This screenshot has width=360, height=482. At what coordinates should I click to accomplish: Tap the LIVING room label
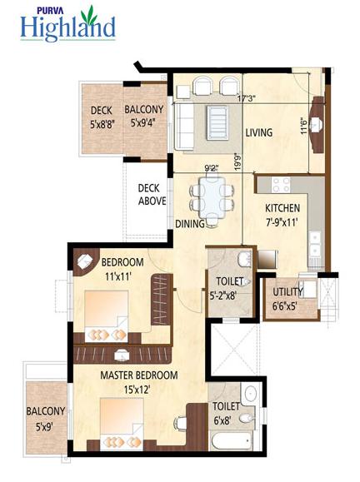pyautogui.click(x=259, y=132)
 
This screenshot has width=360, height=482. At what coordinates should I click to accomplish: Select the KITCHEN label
pyautogui.click(x=282, y=208)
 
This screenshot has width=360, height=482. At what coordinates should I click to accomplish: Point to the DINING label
pyautogui.click(x=190, y=223)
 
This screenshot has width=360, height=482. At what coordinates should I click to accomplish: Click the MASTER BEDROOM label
pyautogui.click(x=139, y=375)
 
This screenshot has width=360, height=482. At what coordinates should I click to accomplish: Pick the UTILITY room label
pyautogui.click(x=287, y=291)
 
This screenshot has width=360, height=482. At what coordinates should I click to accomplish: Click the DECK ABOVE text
pyautogui.click(x=152, y=195)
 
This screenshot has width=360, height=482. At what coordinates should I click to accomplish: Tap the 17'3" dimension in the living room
pyautogui.click(x=247, y=98)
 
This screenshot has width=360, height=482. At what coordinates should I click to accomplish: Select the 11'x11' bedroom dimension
pyautogui.click(x=118, y=276)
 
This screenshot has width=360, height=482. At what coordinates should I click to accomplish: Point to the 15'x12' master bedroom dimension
pyautogui.click(x=137, y=390)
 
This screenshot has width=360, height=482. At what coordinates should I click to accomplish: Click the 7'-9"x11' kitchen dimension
pyautogui.click(x=282, y=222)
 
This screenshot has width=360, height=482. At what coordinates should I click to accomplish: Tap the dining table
pyautogui.click(x=212, y=197)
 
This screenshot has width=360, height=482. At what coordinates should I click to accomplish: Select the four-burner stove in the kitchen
pyautogui.click(x=281, y=185)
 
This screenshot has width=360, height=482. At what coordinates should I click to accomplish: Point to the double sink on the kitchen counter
pyautogui.click(x=315, y=244)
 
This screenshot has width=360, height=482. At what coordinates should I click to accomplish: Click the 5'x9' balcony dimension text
pyautogui.click(x=45, y=427)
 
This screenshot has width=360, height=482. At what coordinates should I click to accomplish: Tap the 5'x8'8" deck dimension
pyautogui.click(x=102, y=125)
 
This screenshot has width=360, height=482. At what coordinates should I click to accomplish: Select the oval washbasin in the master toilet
pyautogui.click(x=252, y=394)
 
